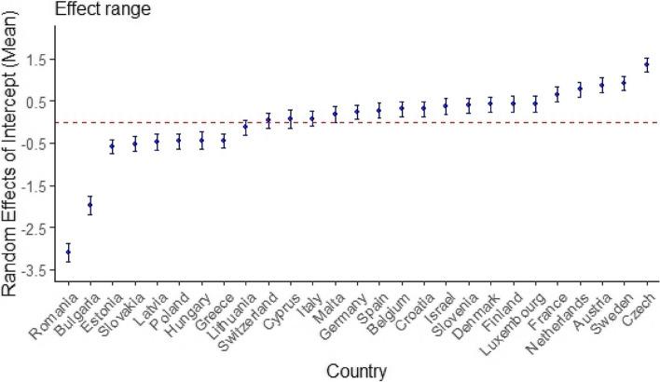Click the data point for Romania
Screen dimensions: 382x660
pos(68,252)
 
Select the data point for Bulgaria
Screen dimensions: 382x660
pos(90,205)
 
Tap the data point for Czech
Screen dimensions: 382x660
pos(646,64)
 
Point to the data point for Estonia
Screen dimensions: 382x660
pos(113,146)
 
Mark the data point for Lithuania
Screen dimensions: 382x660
pos(246,128)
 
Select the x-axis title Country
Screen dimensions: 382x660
pos(357,371)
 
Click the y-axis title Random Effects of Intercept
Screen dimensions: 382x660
pos(13,158)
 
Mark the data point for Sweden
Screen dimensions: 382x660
pos(624,84)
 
